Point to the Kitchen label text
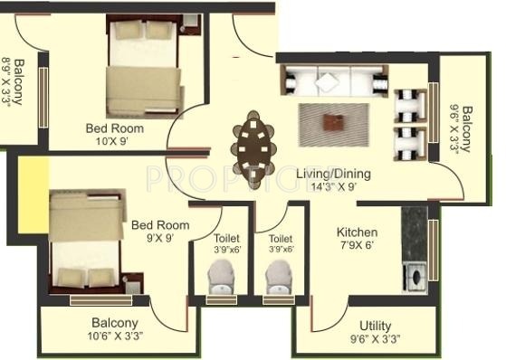[x=357, y=232]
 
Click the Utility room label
[x=375, y=325]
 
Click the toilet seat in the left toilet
[x=220, y=275]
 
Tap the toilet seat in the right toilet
[x=279, y=275]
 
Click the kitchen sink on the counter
[x=415, y=273]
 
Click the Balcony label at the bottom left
[x=115, y=323]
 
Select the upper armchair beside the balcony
[x=409, y=103]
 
